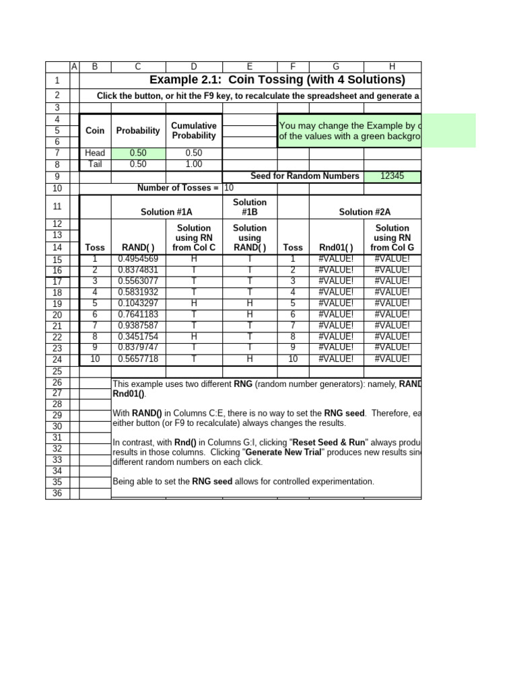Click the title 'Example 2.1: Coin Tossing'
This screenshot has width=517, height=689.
[x=277, y=80]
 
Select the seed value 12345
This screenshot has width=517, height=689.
[x=392, y=176]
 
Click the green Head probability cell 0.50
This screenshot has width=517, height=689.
[x=138, y=153]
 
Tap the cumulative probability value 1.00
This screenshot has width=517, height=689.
[x=193, y=164]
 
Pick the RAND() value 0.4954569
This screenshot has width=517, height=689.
[x=138, y=259]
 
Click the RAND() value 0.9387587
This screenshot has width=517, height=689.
[x=138, y=326]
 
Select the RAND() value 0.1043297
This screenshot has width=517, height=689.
[x=138, y=303]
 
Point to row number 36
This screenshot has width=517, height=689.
[x=57, y=493]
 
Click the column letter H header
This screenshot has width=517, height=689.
[x=392, y=67]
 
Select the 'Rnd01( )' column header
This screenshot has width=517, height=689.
[x=336, y=248]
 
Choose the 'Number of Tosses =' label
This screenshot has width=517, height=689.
[x=178, y=188]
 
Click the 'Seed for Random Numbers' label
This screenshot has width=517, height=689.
[x=305, y=176]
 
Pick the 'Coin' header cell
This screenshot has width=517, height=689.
[x=95, y=131]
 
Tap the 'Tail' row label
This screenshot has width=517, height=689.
[x=95, y=164]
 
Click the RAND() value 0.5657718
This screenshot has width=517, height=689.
[x=138, y=359]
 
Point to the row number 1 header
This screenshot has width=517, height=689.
[x=57, y=81]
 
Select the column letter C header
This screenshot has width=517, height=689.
[x=138, y=67]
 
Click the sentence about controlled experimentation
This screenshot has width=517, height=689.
[x=243, y=482]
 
